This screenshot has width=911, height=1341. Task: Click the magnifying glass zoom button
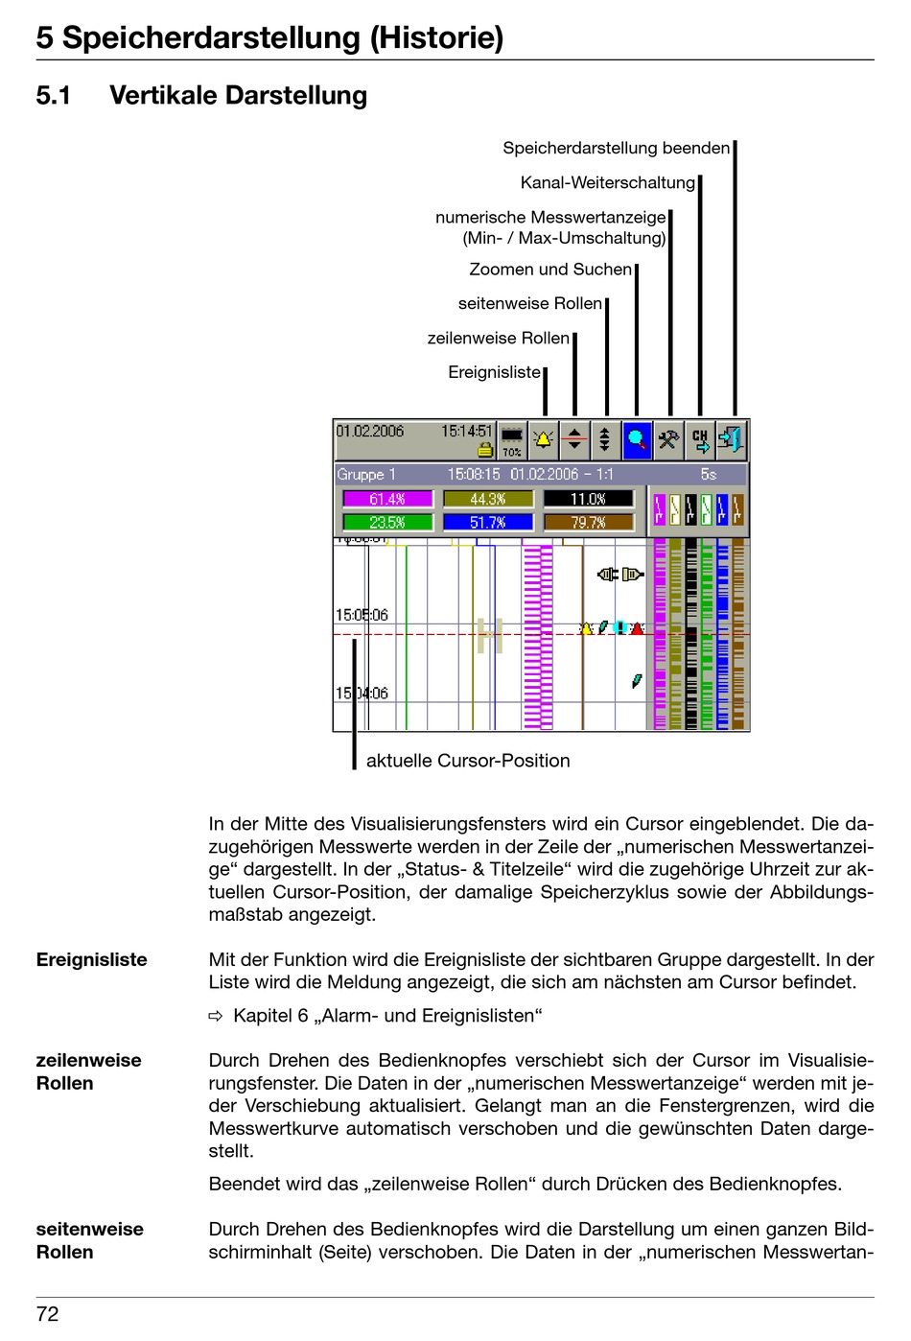[637, 439]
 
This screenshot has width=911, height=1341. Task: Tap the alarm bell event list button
[544, 439]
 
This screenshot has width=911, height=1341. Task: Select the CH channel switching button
[700, 439]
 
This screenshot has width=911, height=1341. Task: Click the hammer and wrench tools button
[668, 439]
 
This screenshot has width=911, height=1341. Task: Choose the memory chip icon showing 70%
[512, 436]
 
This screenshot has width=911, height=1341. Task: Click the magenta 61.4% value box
[387, 499]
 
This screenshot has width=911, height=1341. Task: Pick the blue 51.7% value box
[488, 523]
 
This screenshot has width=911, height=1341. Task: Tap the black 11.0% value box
[588, 499]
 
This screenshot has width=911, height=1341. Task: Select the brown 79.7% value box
[588, 523]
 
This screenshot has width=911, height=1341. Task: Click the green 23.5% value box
[387, 523]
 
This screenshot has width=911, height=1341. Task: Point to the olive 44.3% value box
[488, 499]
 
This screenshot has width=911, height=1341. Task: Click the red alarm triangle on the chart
[637, 628]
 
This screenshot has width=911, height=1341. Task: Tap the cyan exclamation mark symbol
[620, 627]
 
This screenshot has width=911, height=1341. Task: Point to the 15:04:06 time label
[362, 693]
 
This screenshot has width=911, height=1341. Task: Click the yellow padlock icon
[485, 450]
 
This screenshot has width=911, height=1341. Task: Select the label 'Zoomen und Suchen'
[550, 270]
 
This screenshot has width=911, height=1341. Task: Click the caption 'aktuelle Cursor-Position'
[468, 761]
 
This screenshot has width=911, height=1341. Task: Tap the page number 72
[48, 1314]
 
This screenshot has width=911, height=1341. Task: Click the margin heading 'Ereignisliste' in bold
[92, 960]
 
